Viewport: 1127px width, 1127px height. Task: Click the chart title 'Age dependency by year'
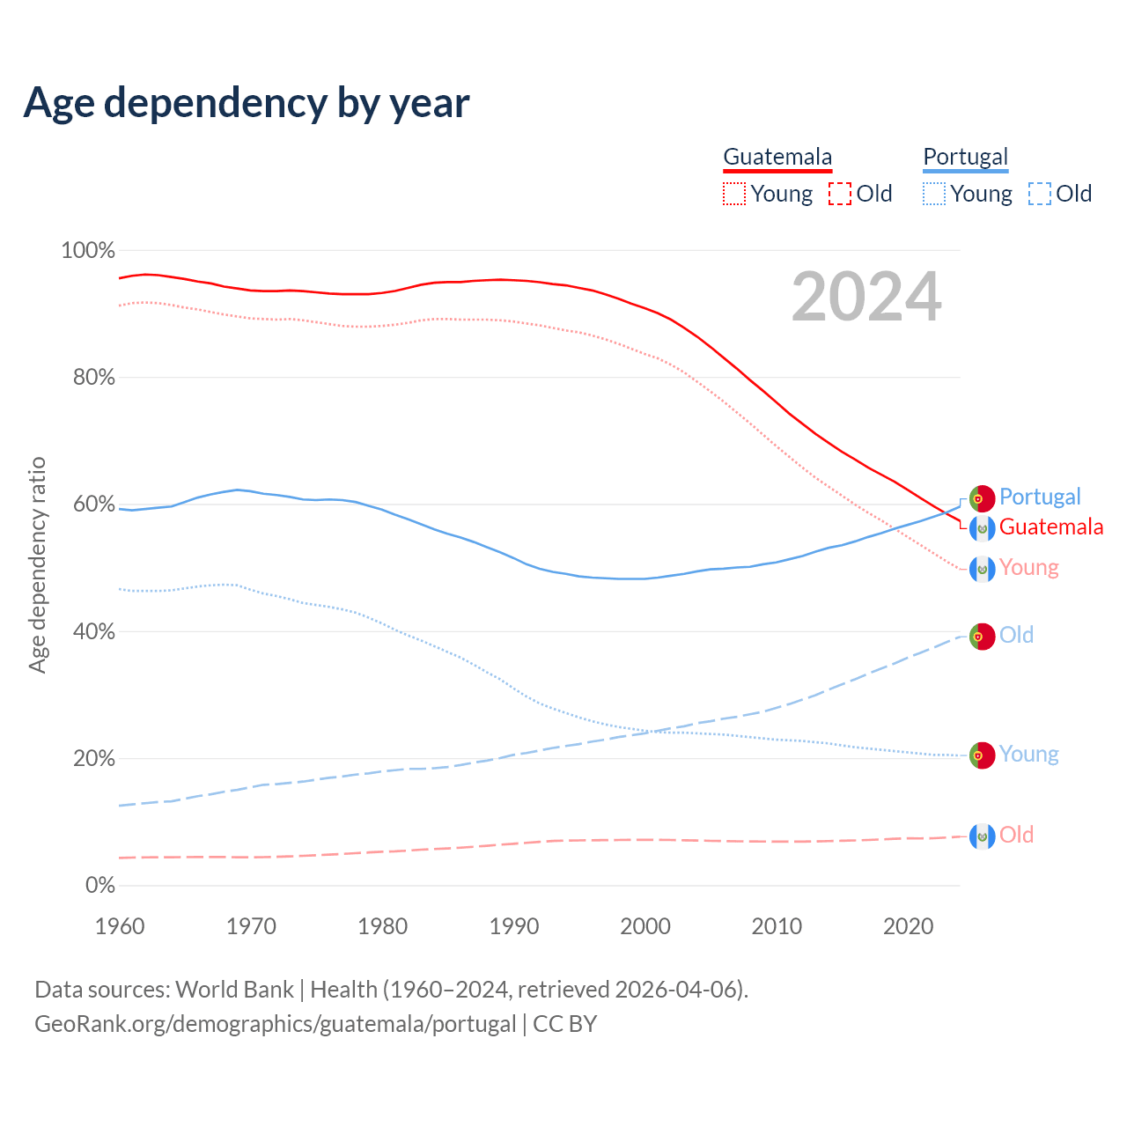247,103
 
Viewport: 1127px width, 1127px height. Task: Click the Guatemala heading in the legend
777,157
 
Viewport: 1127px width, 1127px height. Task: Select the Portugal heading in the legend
965,157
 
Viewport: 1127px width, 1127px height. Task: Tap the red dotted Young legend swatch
733,194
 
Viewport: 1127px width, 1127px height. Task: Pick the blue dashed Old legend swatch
1040,194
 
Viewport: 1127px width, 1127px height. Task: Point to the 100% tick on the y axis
88,251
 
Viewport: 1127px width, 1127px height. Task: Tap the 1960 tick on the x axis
120,926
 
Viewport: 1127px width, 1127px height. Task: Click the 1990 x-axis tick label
514,926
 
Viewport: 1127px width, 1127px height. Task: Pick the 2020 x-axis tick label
908,926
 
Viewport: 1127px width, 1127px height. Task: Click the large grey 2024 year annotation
866,298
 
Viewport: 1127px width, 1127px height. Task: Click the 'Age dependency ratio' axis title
37,564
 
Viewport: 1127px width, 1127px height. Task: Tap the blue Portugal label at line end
1040,497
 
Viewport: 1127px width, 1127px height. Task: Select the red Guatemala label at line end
1051,527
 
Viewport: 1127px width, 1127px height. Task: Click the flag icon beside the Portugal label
982,498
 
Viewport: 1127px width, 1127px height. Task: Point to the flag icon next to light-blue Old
982,636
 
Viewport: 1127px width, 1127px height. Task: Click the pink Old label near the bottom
1016,835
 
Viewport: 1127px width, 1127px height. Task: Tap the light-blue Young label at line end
1028,755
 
